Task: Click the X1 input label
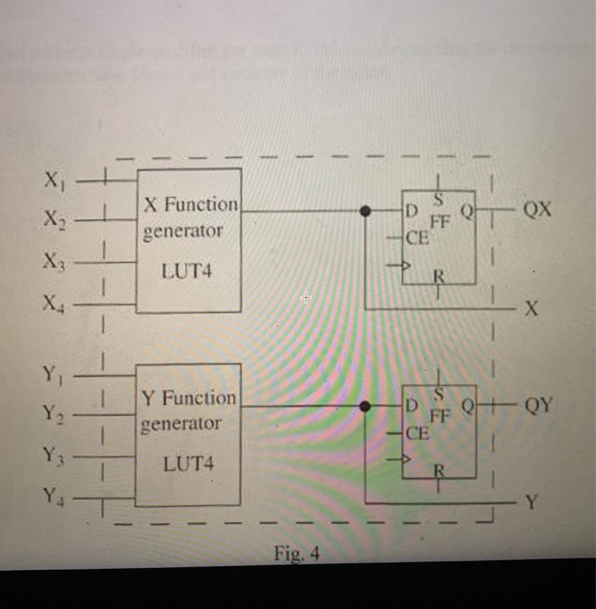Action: coord(53,182)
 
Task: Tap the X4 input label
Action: coord(54,304)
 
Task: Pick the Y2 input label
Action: coord(53,415)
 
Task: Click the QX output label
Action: coord(538,211)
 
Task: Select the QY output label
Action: coord(538,405)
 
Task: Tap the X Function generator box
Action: coord(189,240)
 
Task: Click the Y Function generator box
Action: coord(188,434)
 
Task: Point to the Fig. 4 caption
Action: coord(297,552)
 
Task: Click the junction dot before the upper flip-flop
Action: coord(366,211)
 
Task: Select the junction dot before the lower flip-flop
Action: coord(366,405)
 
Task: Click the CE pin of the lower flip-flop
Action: coord(418,432)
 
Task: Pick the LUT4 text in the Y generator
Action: coord(187,465)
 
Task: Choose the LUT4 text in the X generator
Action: coord(187,271)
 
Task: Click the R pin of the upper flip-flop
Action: coord(439,278)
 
